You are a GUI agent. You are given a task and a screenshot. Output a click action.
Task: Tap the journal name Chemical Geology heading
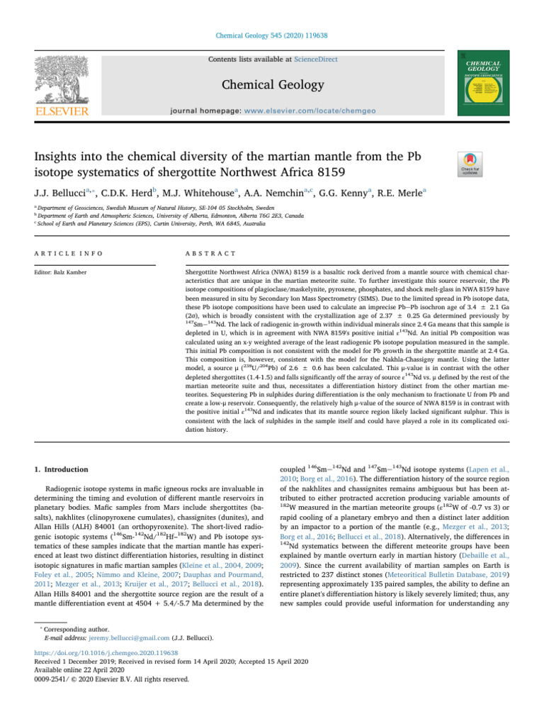click(271, 85)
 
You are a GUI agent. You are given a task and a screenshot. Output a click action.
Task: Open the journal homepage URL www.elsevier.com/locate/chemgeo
click(318, 111)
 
